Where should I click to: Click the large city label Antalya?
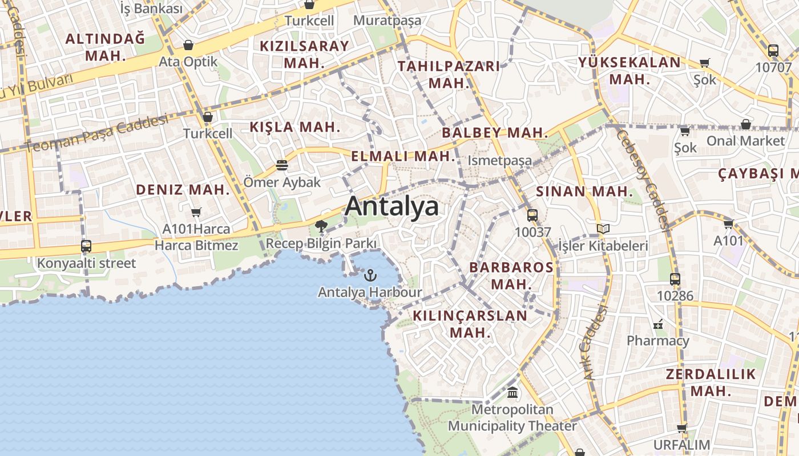pyautogui.click(x=392, y=206)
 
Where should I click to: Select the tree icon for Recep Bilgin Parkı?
pyautogui.click(x=321, y=226)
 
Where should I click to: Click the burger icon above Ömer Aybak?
pyautogui.click(x=282, y=165)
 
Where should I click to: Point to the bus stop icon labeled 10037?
pyautogui.click(x=532, y=215)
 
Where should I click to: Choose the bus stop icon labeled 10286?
pyautogui.click(x=675, y=279)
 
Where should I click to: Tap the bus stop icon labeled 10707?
pyautogui.click(x=773, y=51)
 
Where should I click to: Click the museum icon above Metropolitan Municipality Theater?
pyautogui.click(x=513, y=393)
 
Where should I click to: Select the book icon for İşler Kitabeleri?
pyautogui.click(x=603, y=229)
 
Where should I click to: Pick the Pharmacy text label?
pyautogui.click(x=658, y=341)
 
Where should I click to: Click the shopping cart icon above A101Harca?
pyautogui.click(x=196, y=212)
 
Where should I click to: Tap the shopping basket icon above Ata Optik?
pyautogui.click(x=188, y=45)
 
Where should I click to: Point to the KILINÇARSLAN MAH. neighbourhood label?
pyautogui.click(x=470, y=323)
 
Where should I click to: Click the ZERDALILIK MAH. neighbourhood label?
pyautogui.click(x=711, y=382)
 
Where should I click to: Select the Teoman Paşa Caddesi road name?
pyautogui.click(x=97, y=133)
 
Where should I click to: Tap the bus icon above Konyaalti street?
pyautogui.click(x=86, y=246)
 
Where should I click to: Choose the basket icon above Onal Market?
pyautogui.click(x=745, y=124)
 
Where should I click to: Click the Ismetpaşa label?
pyautogui.click(x=499, y=161)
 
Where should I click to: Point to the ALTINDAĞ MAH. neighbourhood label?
pyautogui.click(x=105, y=47)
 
